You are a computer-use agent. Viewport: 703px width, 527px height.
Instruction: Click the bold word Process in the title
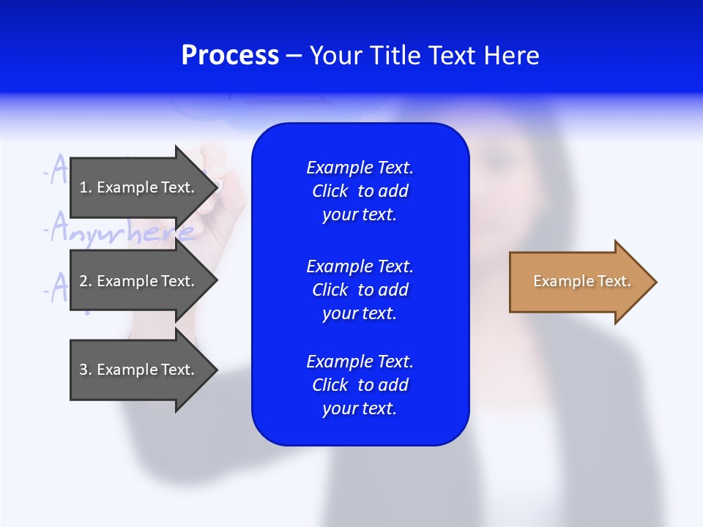pos(230,56)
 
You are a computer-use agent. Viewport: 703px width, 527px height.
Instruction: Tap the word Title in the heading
pos(393,56)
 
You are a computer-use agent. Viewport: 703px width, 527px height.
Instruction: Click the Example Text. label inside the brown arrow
pos(581,281)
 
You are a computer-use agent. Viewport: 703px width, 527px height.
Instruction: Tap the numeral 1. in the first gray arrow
pos(85,187)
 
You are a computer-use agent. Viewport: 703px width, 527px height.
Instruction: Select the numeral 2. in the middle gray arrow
pos(85,281)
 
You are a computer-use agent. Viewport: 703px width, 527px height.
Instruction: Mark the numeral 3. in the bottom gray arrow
pos(85,370)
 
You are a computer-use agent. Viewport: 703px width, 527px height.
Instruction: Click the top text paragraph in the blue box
pos(360,191)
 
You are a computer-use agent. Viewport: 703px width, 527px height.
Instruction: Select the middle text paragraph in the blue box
pos(360,290)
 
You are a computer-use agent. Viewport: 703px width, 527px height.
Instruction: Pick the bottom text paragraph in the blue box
pos(360,385)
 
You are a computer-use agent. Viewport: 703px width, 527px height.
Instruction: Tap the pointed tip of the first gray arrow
pos(217,187)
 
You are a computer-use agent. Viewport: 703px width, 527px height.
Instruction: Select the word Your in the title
pos(335,56)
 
